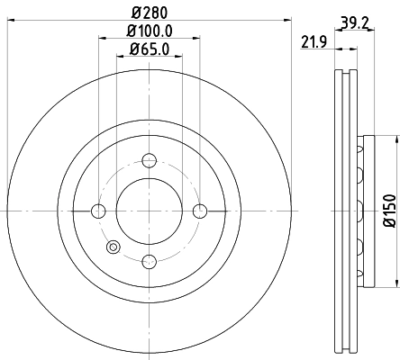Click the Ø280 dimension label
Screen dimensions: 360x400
click(x=150, y=12)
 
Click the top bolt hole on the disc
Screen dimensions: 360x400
click(x=150, y=160)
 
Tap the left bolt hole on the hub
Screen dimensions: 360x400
click(x=99, y=211)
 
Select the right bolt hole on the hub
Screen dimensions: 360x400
click(x=200, y=211)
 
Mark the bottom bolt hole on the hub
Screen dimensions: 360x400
click(x=150, y=261)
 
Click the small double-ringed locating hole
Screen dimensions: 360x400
click(x=113, y=248)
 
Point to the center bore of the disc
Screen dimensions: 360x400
click(x=150, y=211)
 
